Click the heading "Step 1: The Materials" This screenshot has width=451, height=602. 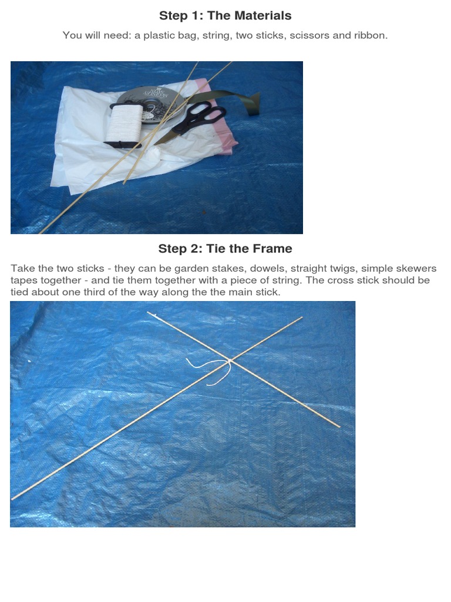click(x=225, y=15)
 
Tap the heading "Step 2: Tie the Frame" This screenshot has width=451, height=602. click(x=225, y=249)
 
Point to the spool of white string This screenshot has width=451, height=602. click(x=123, y=125)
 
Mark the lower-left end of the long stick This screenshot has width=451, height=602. click(x=12, y=499)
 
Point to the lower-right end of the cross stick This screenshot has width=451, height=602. click(x=339, y=427)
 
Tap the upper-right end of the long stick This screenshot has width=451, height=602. click(x=302, y=317)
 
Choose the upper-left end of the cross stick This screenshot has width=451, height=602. click(x=149, y=313)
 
